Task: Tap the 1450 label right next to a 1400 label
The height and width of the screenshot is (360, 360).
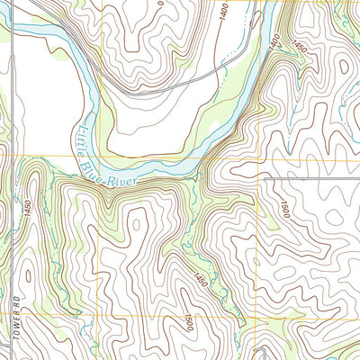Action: [x=300, y=45]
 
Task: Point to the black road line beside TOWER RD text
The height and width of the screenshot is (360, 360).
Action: [x=14, y=297]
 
